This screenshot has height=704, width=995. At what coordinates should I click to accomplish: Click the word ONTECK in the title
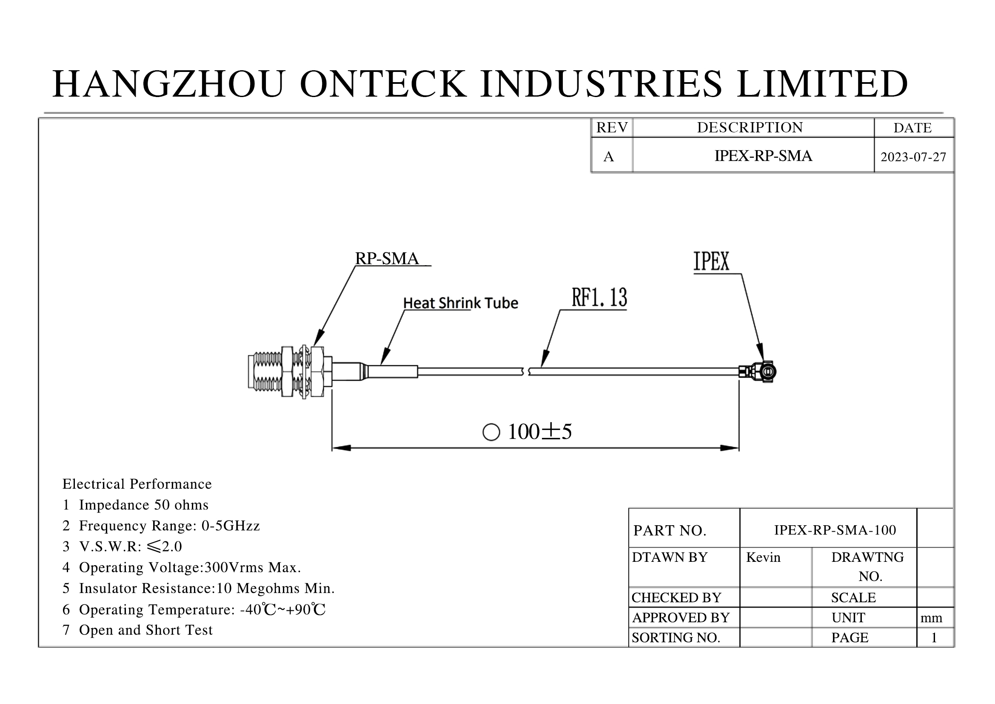(384, 84)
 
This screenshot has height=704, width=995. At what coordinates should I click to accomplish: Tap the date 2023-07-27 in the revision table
(913, 157)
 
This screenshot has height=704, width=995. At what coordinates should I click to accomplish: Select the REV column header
(612, 127)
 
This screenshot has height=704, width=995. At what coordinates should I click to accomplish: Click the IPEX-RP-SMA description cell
(763, 156)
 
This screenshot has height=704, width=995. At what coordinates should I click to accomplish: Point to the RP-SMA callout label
(387, 258)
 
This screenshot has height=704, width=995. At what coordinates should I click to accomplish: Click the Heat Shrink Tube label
(461, 303)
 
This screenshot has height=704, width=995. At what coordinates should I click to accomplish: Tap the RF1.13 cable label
(599, 298)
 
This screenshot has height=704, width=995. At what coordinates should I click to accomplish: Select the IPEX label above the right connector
(712, 261)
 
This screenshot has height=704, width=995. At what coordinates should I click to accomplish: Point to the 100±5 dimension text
(539, 432)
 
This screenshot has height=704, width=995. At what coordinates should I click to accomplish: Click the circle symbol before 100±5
(491, 432)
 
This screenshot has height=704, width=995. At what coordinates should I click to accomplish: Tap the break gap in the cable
(526, 372)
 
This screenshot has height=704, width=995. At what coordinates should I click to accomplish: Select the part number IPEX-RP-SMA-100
(835, 530)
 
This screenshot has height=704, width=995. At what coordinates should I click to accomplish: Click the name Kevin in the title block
(763, 557)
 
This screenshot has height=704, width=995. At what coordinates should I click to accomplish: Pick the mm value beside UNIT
(931, 618)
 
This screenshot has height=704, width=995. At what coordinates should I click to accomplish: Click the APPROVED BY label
(681, 617)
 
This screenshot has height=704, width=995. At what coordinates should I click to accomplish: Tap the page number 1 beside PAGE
(934, 638)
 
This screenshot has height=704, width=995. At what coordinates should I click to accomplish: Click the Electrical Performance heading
(137, 484)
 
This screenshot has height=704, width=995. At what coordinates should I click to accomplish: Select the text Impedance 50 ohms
(143, 505)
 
